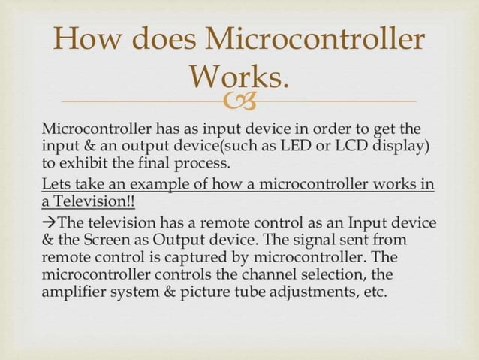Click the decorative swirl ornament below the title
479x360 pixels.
click(x=239, y=98)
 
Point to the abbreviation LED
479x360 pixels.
click(x=296, y=145)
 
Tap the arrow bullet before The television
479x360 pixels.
click(x=49, y=223)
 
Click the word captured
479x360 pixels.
click(x=175, y=258)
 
